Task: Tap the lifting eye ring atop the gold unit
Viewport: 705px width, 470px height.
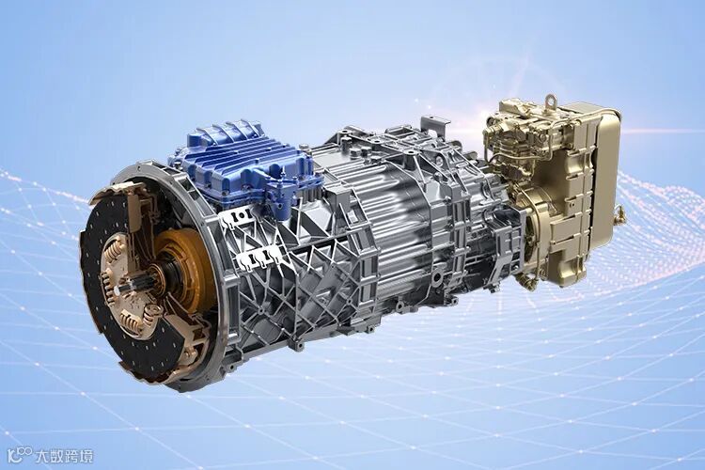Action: coord(550,101)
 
